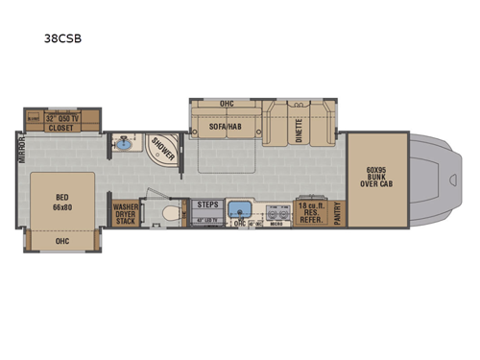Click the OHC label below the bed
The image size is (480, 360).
click(x=63, y=242)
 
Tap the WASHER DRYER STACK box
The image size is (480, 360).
click(x=125, y=212)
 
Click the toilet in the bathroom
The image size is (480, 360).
click(x=169, y=212)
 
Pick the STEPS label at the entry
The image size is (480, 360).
click(x=206, y=204)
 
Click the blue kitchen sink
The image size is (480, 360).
click(x=244, y=209)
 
